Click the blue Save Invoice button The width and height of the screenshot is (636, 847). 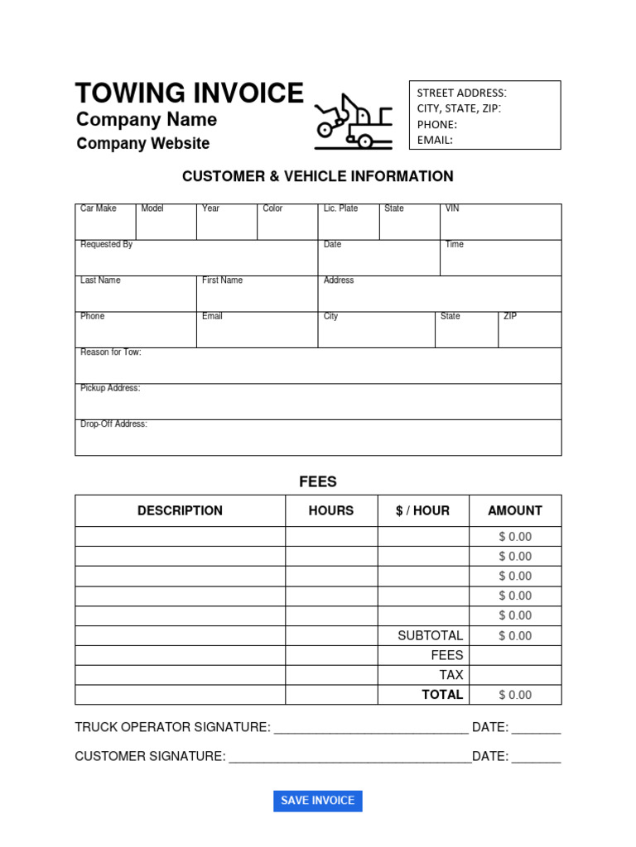click(x=317, y=801)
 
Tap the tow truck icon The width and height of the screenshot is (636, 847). click(x=353, y=122)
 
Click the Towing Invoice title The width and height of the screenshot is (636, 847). click(x=190, y=93)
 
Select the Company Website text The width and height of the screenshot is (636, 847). click(x=143, y=144)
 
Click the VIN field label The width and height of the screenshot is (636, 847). click(x=452, y=208)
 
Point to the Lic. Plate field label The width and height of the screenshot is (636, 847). click(x=340, y=208)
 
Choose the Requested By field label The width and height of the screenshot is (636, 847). click(x=106, y=245)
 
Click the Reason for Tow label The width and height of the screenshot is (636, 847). click(x=110, y=352)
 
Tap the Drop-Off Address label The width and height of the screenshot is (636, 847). click(x=113, y=424)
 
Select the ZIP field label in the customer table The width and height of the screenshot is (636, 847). click(x=510, y=317)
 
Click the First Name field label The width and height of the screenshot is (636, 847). click(x=222, y=280)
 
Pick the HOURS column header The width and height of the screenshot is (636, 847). click(x=331, y=511)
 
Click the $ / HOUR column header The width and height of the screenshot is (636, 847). click(x=422, y=511)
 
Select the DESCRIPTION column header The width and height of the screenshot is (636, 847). click(x=180, y=511)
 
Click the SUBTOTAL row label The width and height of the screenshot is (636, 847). click(x=430, y=635)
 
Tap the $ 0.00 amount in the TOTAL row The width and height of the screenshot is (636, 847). click(x=515, y=695)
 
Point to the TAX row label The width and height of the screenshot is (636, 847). click(x=451, y=675)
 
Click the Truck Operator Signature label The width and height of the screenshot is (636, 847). click(x=172, y=728)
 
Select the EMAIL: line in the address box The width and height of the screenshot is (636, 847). click(x=435, y=140)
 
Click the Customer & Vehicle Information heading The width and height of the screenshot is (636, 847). click(x=317, y=176)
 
